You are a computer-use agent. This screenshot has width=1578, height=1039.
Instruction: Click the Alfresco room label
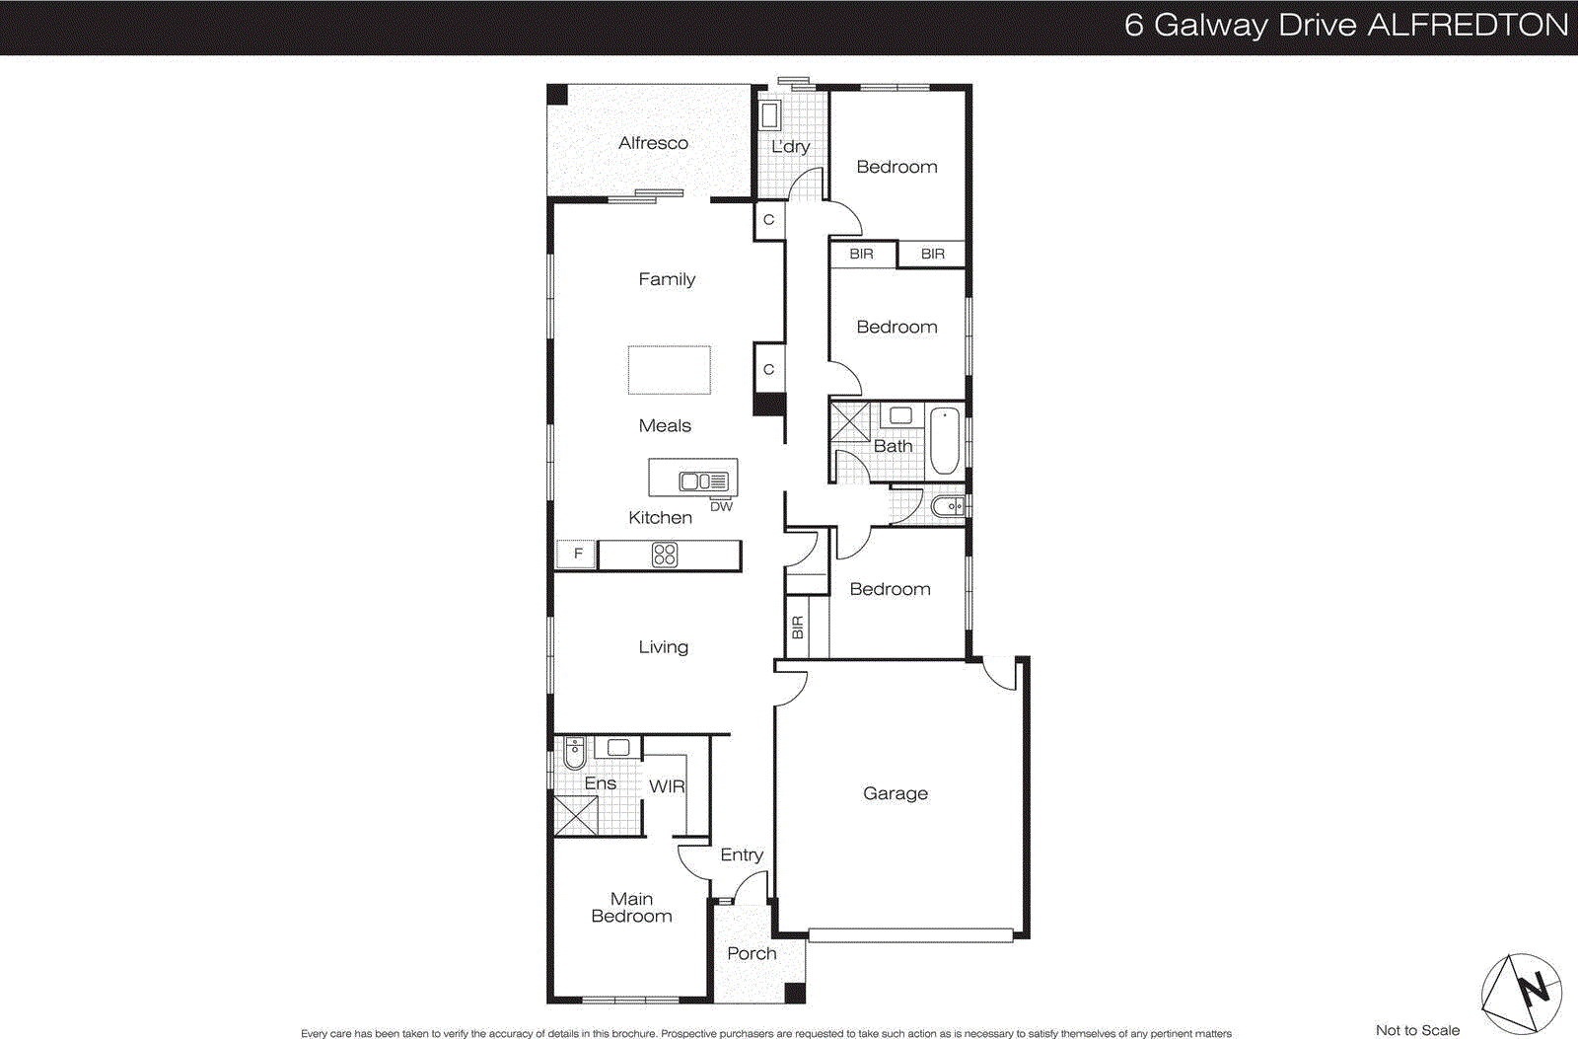coord(653,143)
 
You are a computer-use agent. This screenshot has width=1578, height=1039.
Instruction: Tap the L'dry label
coord(790,146)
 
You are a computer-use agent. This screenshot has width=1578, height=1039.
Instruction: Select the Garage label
coord(895,793)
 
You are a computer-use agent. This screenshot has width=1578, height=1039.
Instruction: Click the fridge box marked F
coord(577,555)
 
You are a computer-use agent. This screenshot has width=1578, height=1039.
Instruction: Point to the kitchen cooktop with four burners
coord(665,556)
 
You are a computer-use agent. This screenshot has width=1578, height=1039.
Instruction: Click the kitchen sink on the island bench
coord(703,482)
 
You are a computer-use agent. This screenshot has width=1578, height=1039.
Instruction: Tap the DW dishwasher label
coord(721,507)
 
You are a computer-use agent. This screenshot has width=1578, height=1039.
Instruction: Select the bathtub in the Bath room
coord(944,440)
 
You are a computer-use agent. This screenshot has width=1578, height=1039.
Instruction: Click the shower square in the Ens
coord(575,816)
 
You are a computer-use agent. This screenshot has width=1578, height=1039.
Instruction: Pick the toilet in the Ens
coord(574,754)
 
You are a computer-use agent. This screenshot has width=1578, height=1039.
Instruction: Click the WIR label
coord(666,786)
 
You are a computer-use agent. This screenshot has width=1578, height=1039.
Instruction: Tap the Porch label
coord(752,953)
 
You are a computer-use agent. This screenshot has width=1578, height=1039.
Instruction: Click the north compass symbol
coord(1522,994)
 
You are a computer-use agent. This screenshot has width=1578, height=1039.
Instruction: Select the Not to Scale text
coord(1416,1030)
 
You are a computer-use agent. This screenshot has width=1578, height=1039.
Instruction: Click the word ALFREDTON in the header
coord(1468,25)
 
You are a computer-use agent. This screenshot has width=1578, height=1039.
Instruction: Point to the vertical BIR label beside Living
coord(798,628)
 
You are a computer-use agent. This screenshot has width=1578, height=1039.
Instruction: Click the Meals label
coord(665,426)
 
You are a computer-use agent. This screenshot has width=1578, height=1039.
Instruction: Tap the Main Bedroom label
coord(631,908)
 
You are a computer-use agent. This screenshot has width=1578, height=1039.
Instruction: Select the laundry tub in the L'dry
coord(770,115)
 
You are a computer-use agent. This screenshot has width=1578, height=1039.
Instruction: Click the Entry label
coord(742,854)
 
